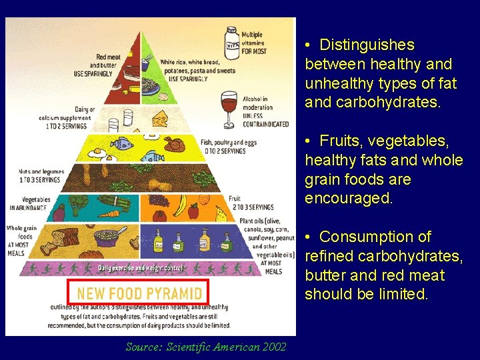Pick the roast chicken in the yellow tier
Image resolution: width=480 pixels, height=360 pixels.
point(174,144)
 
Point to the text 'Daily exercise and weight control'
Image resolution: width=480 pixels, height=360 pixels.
point(140,268)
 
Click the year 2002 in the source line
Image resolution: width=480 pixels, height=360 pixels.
point(275,347)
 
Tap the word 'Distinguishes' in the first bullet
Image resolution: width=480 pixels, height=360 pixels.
point(367,45)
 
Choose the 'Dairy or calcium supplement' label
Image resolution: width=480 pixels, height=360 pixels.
point(67,117)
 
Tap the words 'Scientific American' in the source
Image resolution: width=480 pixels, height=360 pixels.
point(211,347)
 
